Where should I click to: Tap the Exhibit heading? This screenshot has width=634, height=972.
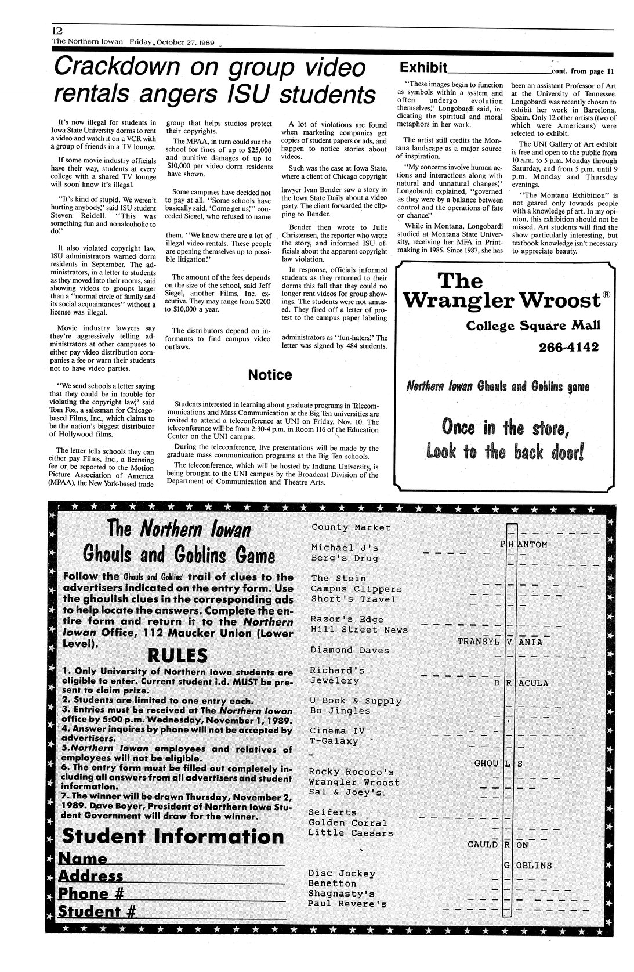coord(422,68)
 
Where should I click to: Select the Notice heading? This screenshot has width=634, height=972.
coord(270,375)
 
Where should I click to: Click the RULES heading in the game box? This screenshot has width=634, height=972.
coord(178,656)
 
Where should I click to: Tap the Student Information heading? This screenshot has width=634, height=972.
coord(173,836)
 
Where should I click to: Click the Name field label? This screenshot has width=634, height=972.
coord(84,858)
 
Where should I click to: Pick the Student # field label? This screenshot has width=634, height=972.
coord(97,912)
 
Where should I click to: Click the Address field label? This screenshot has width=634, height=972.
coord(91,876)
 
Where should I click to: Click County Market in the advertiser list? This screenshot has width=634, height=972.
coord(351,527)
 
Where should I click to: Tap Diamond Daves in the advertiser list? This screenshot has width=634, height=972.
coord(350,650)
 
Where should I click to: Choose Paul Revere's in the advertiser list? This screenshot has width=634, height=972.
coord(347,904)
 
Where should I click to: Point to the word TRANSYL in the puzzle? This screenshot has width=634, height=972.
coord(479,642)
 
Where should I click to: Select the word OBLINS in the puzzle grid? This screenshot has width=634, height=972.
coord(534,866)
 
